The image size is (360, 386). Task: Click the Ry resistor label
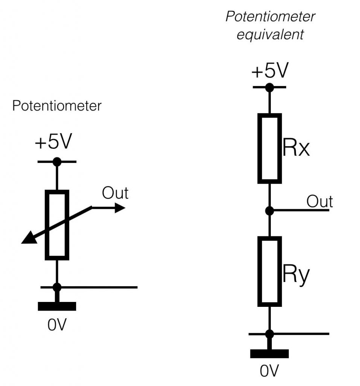pos(296,277)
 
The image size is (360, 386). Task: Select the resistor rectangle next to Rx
pos(270,149)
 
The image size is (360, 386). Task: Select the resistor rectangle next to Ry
pos(270,271)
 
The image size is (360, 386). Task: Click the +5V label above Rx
pos(270,70)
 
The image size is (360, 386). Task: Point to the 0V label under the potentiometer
pos(57,325)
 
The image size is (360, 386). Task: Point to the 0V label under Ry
pos(269,371)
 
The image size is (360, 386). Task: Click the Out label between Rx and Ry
pos(320,202)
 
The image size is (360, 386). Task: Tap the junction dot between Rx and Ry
pos(269,210)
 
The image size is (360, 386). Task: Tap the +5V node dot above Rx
pos(269,87)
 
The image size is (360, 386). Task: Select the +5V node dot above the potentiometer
pos(57,162)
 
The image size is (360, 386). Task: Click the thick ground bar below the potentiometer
pos(57,306)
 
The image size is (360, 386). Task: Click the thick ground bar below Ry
pos(269,354)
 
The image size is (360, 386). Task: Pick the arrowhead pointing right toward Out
pos(120,208)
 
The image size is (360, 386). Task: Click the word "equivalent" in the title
pos(270,35)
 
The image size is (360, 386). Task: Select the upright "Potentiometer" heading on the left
pos(57,106)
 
